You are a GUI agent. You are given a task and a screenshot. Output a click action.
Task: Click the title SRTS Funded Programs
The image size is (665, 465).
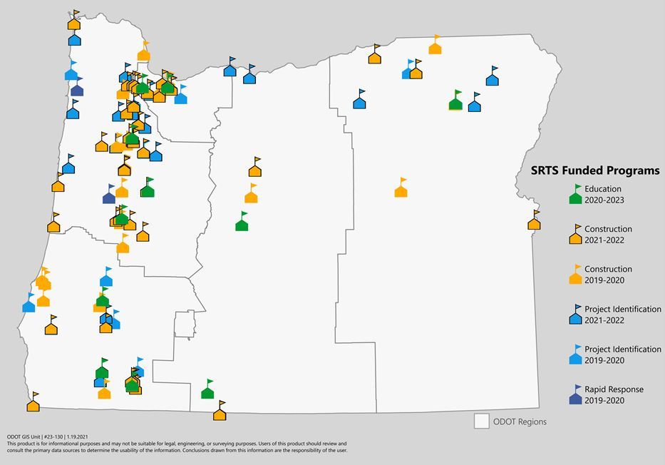(595, 170)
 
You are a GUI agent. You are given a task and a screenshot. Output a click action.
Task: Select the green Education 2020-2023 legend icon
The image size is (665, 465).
(575, 195)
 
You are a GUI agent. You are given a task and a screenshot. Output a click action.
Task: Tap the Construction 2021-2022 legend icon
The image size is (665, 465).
(575, 235)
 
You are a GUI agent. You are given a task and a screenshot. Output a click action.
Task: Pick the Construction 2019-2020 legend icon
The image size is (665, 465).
(575, 275)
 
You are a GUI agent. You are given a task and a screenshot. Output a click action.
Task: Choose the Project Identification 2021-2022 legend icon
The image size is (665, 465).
(575, 315)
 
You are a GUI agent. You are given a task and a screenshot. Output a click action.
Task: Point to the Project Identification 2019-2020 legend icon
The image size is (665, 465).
(575, 356)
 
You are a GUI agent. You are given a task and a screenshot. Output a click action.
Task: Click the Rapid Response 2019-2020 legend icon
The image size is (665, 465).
(575, 396)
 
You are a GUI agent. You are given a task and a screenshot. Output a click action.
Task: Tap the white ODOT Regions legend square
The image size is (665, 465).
(482, 421)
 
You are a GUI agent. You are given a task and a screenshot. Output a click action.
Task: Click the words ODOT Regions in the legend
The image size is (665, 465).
(520, 421)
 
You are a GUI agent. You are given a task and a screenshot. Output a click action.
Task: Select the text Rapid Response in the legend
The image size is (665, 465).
(614, 389)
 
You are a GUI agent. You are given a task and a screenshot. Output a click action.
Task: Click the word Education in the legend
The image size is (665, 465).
(603, 189)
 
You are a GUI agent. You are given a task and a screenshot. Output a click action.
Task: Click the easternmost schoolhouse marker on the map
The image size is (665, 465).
(534, 222)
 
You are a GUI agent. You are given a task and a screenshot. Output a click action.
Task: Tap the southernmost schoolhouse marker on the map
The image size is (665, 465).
(220, 412)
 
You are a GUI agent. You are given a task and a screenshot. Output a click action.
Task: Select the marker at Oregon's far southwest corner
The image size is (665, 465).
(33, 404)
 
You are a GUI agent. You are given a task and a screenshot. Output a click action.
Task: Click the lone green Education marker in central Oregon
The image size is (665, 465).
(242, 223)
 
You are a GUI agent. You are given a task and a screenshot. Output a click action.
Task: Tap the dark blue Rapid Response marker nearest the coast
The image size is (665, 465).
(77, 88)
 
